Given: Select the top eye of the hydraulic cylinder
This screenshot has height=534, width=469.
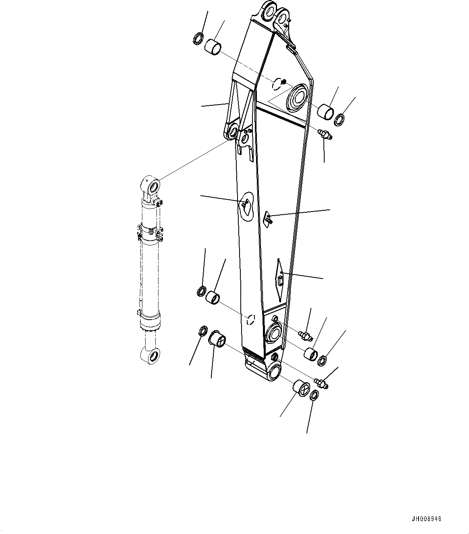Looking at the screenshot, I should [153, 186].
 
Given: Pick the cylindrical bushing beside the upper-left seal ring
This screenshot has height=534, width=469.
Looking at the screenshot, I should [213, 46].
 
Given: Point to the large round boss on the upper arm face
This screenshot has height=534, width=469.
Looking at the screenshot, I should [298, 97].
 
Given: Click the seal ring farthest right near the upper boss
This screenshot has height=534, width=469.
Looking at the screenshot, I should [340, 119].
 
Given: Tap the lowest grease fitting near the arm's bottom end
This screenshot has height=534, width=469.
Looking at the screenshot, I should [322, 383].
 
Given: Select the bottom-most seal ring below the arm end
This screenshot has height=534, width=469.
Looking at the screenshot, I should [315, 396].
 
